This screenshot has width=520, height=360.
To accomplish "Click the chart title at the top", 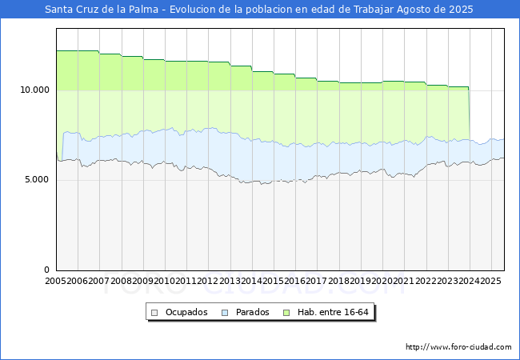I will click(x=259, y=10).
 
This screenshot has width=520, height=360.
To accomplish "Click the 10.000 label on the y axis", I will click(x=34, y=90).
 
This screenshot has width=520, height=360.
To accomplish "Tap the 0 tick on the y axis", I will click(x=46, y=270).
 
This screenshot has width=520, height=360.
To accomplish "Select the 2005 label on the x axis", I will click(x=56, y=282).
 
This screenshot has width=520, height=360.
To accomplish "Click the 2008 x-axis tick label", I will click(x=122, y=282).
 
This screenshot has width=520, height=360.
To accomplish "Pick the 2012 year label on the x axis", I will click(x=208, y=282).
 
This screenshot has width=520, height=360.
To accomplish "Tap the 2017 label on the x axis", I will click(x=317, y=282).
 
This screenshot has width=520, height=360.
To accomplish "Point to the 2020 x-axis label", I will click(x=382, y=282).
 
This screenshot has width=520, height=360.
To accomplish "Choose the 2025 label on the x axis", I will click(x=490, y=282).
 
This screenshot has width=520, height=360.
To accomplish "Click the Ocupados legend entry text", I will click(x=186, y=312).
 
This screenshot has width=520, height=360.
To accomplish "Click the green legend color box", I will click(x=292, y=312).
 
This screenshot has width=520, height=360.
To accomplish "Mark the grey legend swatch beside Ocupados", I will click(x=155, y=312).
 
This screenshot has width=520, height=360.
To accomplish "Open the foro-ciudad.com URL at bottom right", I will click(x=458, y=347).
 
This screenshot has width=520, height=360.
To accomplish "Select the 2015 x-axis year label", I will click(x=274, y=282).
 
